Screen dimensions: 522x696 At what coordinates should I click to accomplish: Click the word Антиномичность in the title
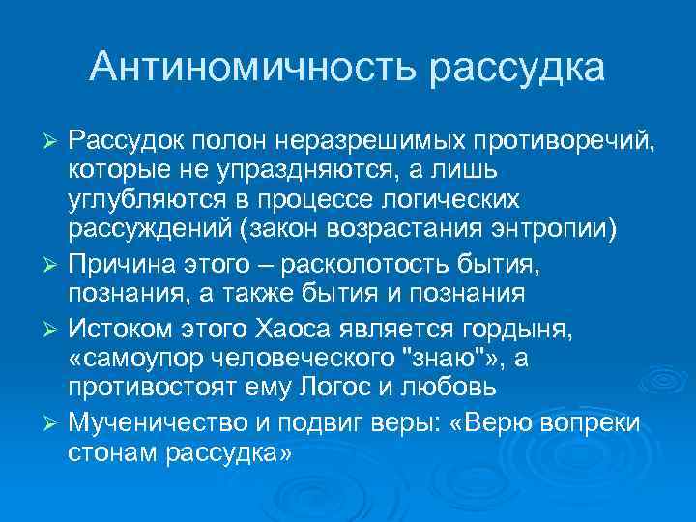point(252,67)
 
